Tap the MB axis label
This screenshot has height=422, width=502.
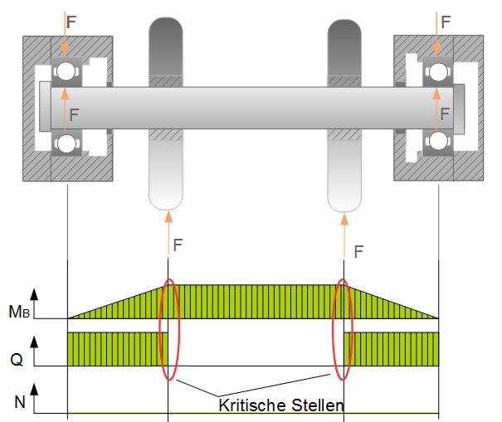coord(17,313)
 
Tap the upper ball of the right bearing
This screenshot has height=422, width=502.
coord(438,72)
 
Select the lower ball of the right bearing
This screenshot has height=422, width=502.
coord(438,144)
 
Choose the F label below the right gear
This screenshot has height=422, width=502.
coord(358,250)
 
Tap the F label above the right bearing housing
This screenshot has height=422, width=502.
coord(447,22)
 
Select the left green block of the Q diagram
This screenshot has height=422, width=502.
coord(116,349)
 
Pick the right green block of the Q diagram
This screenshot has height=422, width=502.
coord(390,349)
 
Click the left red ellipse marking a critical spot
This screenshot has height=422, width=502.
coord(168,330)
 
